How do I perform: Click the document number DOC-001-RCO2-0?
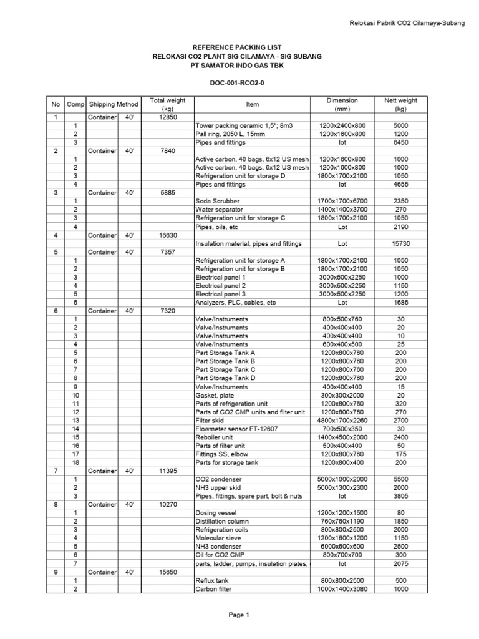[x=239, y=82]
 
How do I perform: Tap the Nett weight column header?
[x=400, y=104]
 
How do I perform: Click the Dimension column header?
[x=342, y=104]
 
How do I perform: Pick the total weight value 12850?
[x=168, y=117]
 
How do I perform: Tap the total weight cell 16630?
[x=168, y=235]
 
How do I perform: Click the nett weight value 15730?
[x=400, y=244]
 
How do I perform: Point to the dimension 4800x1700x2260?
[x=342, y=421]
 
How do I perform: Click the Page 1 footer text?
[x=239, y=615]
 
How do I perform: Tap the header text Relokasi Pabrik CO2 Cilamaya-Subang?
[x=406, y=24]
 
